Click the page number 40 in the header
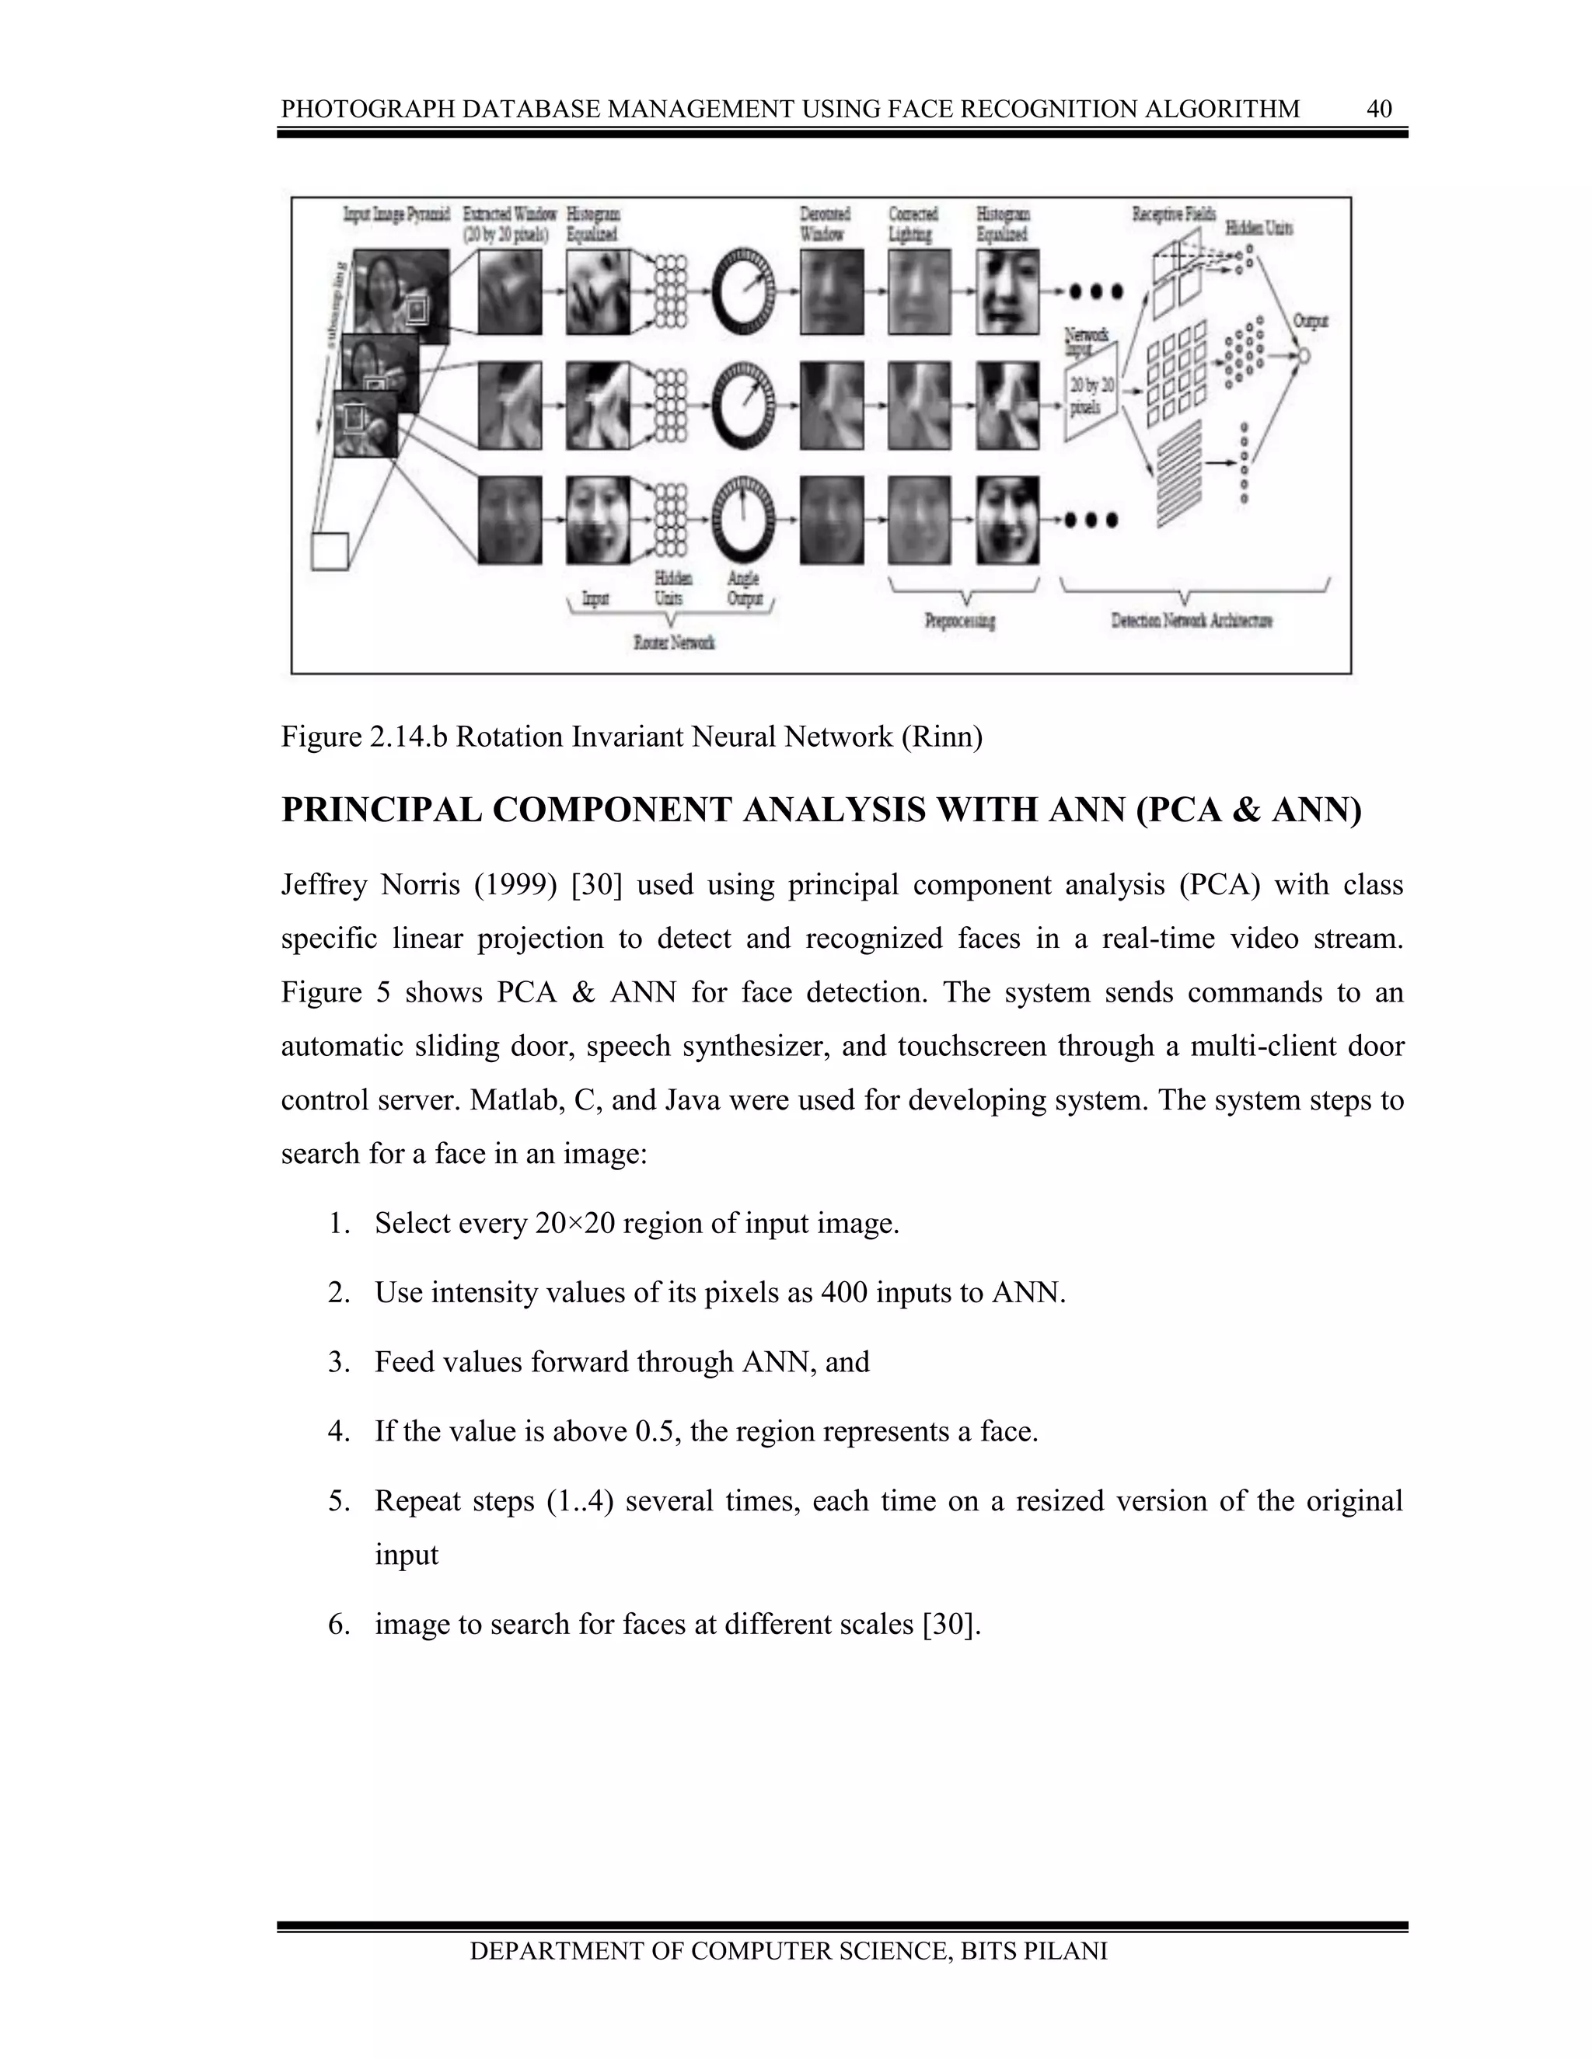click(x=1379, y=110)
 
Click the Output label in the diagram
click(x=1310, y=322)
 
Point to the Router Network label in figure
click(x=673, y=643)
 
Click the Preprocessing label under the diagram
click(x=960, y=622)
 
